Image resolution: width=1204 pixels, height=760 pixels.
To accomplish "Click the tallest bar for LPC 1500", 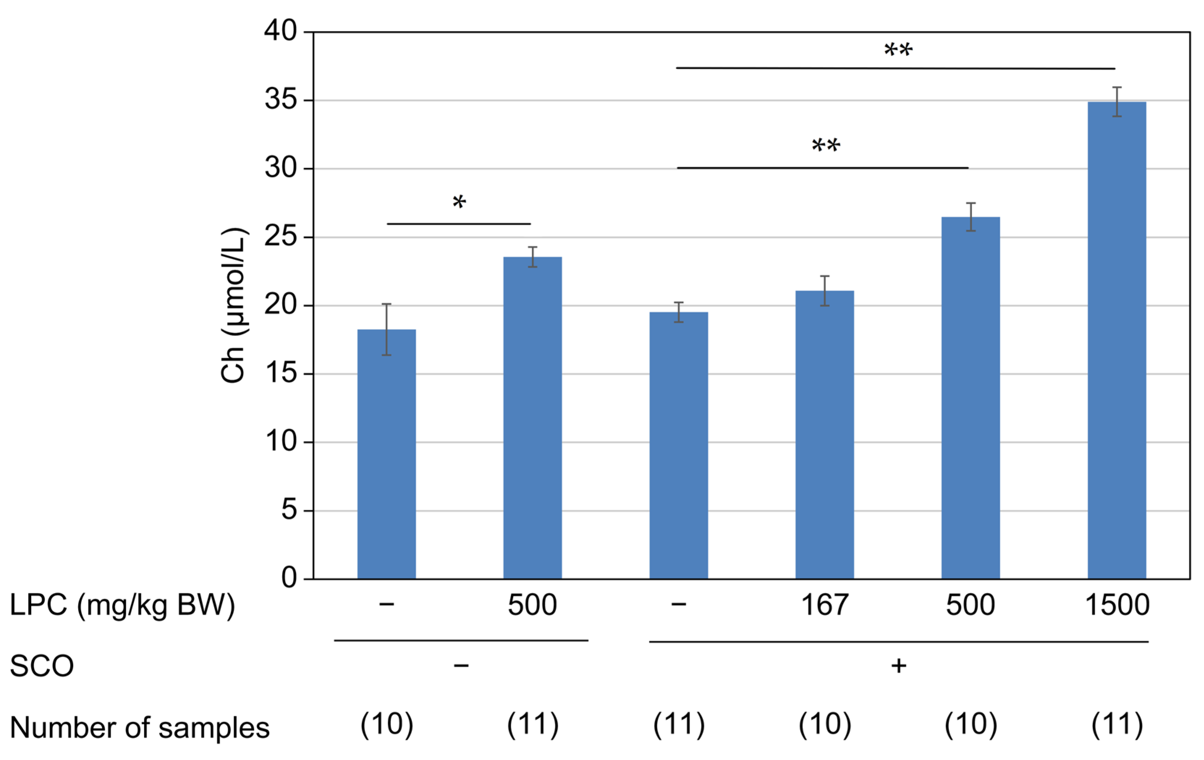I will (x=1116, y=340).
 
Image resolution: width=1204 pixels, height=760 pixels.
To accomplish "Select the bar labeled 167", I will (x=824, y=435).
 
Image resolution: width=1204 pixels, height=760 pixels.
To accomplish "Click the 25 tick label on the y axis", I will (x=280, y=237).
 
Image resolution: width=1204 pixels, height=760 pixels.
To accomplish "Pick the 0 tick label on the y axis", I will (x=289, y=578).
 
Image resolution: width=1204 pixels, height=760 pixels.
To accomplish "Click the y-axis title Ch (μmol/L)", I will (x=233, y=306).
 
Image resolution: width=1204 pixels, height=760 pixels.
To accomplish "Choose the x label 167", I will (x=824, y=605).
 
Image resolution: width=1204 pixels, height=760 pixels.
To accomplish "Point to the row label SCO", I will (x=42, y=666).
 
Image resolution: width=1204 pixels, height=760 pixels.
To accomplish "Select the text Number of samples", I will (x=140, y=727).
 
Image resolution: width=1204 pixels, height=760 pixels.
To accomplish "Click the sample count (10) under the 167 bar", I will (x=824, y=725).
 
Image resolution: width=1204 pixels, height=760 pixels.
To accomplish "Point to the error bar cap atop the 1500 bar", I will (x=1116, y=87).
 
